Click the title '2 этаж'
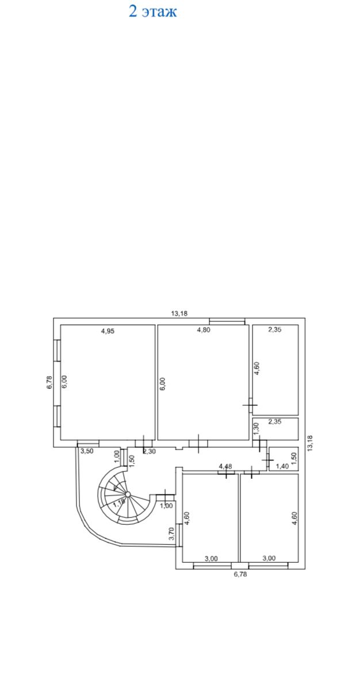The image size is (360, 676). (x=153, y=11)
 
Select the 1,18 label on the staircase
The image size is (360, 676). (x=120, y=502)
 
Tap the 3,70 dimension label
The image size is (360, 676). (x=171, y=534)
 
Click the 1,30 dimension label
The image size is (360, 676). (x=256, y=429)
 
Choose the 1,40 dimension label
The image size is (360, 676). (x=282, y=466)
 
